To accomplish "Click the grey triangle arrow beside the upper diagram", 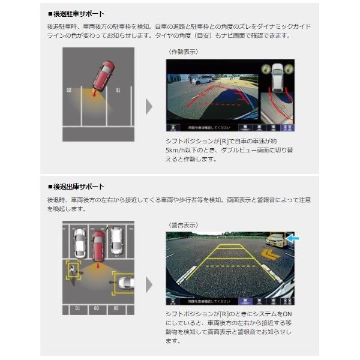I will [x=149, y=106].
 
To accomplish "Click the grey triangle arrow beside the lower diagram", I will [x=149, y=284].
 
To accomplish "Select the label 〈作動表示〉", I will [x=182, y=52].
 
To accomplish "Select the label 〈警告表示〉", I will [x=182, y=226].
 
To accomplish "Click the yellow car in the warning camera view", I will [x=276, y=240].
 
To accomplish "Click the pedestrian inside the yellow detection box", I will [x=73, y=270].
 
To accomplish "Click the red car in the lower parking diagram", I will [x=98, y=245].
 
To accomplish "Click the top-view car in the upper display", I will [x=278, y=76].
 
